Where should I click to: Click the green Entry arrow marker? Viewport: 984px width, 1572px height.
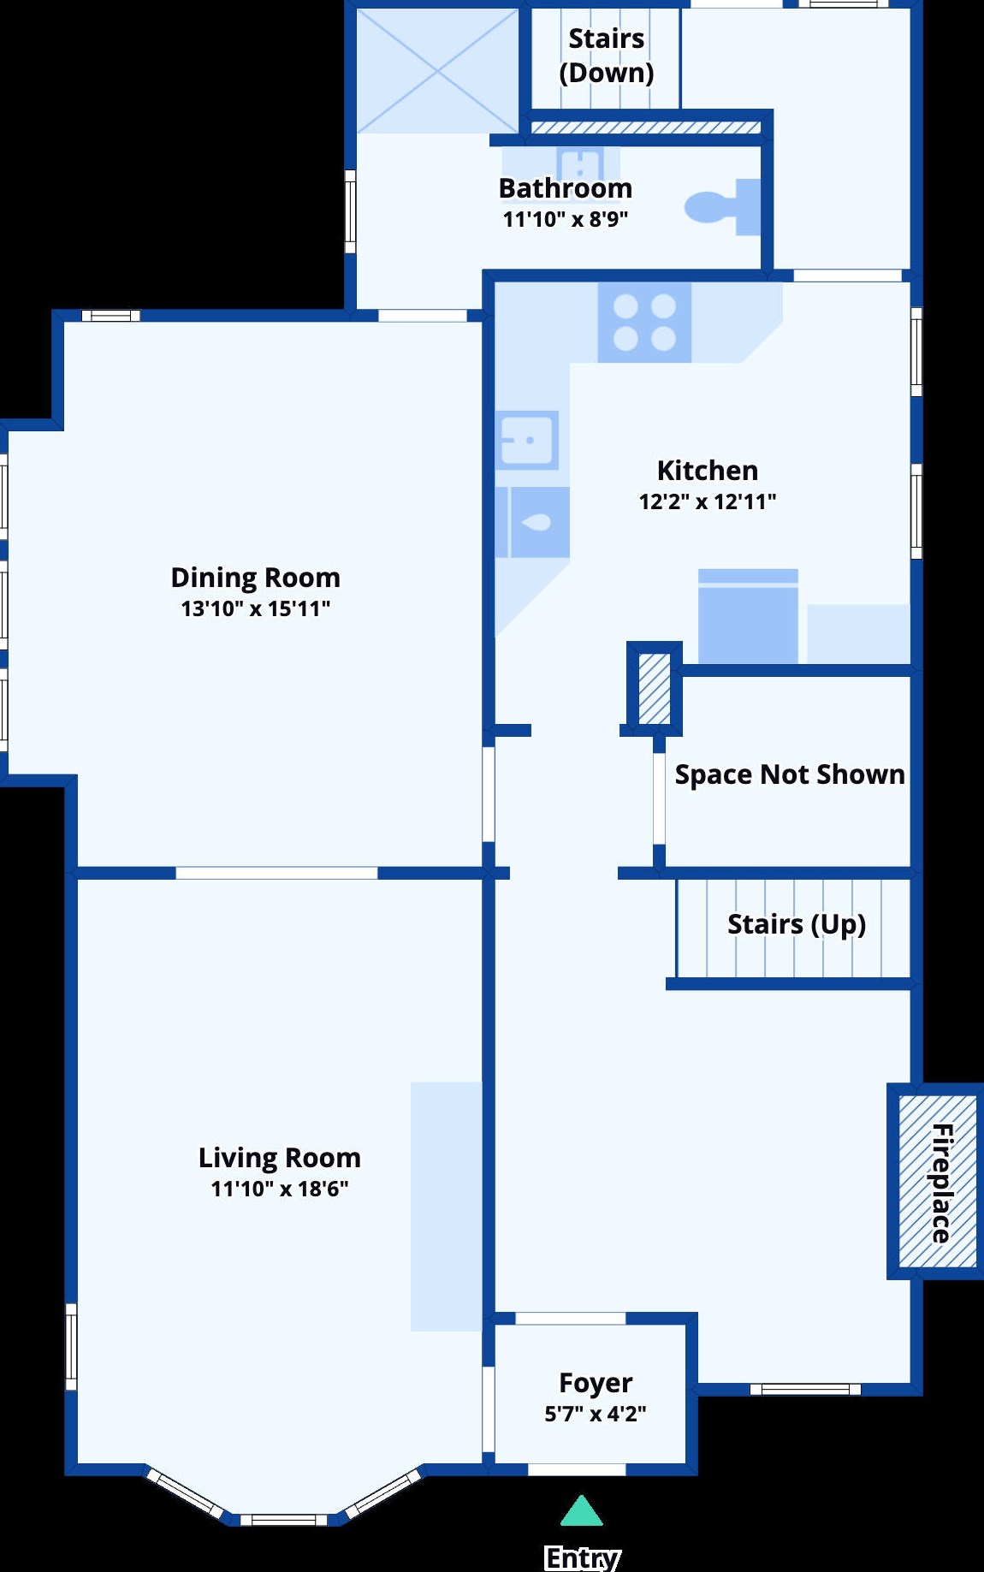582,1511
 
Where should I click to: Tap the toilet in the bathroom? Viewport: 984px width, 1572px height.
723,206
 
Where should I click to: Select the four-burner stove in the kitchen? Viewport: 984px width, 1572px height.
644,323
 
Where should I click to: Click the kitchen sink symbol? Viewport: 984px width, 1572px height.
527,440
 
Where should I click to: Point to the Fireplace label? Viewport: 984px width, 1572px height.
941,1183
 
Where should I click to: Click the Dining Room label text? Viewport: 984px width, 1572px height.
256,578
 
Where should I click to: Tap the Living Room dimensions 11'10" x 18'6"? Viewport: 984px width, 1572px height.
280,1188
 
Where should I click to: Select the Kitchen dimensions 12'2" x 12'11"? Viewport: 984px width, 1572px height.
708,501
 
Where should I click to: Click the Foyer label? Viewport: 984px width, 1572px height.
596,1383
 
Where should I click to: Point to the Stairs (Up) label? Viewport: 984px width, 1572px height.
797,924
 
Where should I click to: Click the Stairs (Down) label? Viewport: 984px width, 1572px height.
607,56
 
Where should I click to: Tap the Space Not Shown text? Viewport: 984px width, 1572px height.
790,774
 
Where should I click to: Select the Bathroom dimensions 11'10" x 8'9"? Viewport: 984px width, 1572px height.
566,219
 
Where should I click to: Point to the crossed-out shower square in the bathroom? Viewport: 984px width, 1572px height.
437,71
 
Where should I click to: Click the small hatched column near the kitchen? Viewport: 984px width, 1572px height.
655,689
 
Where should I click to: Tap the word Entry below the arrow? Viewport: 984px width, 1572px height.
582,1557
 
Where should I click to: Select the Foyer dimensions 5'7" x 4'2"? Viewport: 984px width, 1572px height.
596,1414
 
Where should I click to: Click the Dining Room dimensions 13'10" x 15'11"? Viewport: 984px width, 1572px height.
256,608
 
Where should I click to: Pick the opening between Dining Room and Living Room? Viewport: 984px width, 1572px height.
276,873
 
